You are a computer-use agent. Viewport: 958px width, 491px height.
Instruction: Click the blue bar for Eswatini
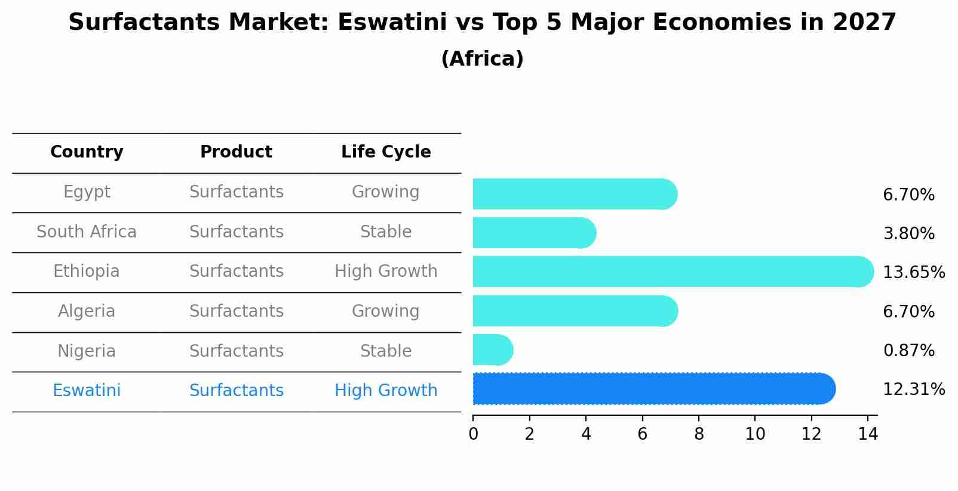(x=653, y=389)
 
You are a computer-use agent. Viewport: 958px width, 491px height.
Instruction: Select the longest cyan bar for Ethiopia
(x=673, y=271)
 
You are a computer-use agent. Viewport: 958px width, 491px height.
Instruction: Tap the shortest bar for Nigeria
(x=492, y=350)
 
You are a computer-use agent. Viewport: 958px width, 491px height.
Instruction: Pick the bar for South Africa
(x=534, y=233)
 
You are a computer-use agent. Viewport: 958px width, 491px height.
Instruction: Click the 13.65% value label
(x=913, y=273)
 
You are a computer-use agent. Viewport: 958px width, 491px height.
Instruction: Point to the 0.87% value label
(x=908, y=351)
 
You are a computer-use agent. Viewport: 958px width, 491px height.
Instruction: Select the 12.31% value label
(x=913, y=390)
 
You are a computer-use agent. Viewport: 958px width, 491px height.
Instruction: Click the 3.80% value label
(x=908, y=234)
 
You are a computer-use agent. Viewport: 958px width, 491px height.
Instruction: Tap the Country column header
(x=87, y=152)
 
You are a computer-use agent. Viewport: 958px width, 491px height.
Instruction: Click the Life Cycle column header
(x=386, y=152)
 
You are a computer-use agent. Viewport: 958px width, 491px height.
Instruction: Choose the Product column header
(x=236, y=152)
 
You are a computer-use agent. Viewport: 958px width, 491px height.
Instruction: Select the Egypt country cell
(x=87, y=192)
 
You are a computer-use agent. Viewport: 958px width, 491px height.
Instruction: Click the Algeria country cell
(x=87, y=311)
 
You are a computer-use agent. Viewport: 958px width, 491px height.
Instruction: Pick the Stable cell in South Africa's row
(x=386, y=232)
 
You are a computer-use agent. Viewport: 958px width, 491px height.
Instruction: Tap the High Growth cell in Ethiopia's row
(x=386, y=271)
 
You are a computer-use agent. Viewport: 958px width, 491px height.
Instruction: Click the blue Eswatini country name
(x=87, y=391)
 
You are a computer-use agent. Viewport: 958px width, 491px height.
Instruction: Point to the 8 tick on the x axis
(x=699, y=434)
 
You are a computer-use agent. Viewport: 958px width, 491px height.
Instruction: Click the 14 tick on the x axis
(x=868, y=434)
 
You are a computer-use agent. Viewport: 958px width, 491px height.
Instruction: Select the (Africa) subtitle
(x=482, y=59)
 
